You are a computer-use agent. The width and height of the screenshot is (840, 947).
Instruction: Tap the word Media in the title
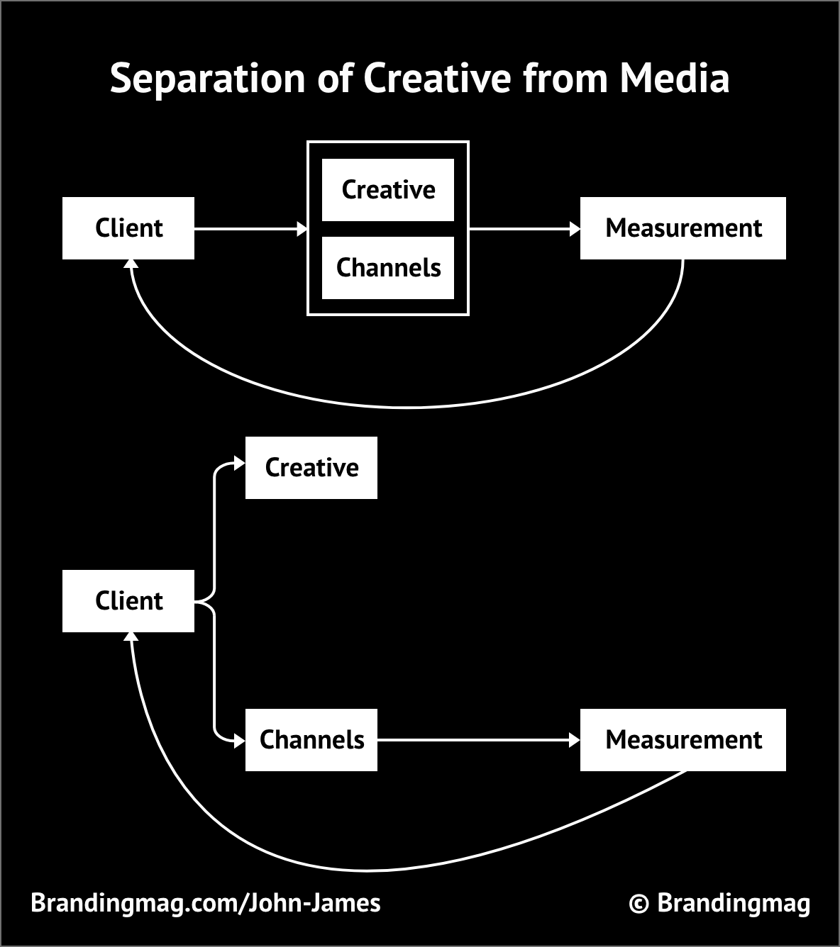pyautogui.click(x=674, y=78)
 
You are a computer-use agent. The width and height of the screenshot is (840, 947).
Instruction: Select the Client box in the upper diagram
pyautogui.click(x=128, y=228)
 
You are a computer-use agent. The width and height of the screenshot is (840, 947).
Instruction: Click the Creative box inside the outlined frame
pyautogui.click(x=388, y=190)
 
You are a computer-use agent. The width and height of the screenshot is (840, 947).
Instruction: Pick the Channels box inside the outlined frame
pyautogui.click(x=388, y=268)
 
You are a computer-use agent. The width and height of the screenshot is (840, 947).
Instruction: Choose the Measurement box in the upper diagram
pyautogui.click(x=682, y=228)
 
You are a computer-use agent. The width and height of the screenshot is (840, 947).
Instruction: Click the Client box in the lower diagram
pyautogui.click(x=128, y=601)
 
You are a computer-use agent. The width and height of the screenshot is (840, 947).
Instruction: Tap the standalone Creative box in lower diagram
pyautogui.click(x=311, y=468)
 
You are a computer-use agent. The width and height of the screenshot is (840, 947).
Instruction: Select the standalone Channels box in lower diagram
pyautogui.click(x=311, y=740)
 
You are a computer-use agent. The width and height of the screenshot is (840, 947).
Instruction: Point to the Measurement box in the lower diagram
pyautogui.click(x=682, y=740)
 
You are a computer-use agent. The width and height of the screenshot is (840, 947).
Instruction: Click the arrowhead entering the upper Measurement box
pyautogui.click(x=575, y=229)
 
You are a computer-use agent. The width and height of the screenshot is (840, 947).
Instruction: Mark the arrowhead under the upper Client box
pyautogui.click(x=131, y=264)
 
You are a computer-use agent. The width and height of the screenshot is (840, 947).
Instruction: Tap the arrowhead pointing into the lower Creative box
pyautogui.click(x=239, y=464)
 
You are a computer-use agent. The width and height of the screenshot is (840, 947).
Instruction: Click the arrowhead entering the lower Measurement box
pyautogui.click(x=575, y=740)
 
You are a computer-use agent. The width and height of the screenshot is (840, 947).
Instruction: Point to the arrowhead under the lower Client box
pyautogui.click(x=131, y=637)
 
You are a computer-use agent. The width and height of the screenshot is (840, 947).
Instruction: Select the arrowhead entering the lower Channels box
pyautogui.click(x=239, y=740)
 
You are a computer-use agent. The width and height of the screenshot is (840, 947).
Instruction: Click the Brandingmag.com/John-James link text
pyautogui.click(x=206, y=903)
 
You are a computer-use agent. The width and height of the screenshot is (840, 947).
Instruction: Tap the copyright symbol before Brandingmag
pyautogui.click(x=639, y=904)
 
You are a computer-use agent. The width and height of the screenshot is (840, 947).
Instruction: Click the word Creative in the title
pyautogui.click(x=437, y=78)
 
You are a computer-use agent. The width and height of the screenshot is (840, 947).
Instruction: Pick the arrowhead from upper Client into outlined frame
pyautogui.click(x=302, y=229)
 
